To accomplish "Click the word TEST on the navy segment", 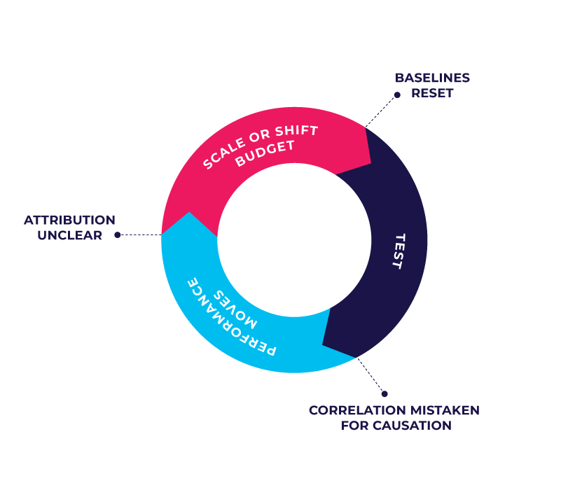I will pos(398,251).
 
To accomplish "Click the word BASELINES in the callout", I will pos(432,78).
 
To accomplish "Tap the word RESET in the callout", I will pos(432,93).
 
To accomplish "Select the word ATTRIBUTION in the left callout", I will pos(70,220).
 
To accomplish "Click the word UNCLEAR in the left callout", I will pos(70,236).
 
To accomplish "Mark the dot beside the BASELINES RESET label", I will pos(397,94).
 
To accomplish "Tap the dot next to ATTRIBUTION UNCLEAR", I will pos(118,235).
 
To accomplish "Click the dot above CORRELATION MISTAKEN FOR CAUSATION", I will pos(384,393).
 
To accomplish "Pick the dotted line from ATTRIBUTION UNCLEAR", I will pos(140,235).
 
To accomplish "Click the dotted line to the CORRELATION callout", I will pos(370,376).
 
